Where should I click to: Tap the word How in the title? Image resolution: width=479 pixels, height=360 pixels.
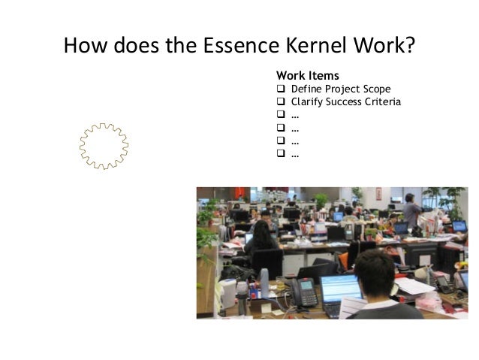coord(87,47)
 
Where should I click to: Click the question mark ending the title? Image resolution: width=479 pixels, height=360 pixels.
coord(410,47)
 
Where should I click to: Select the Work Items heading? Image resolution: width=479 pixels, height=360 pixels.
coord(307,76)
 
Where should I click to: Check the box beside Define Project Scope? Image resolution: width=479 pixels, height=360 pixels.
coord(281,89)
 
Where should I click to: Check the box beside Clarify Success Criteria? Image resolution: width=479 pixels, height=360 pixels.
coord(281,102)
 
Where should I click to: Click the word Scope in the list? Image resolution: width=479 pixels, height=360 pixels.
coord(375,89)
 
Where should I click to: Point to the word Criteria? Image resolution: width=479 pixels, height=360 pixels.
coord(380,102)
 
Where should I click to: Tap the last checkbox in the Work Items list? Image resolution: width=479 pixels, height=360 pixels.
coord(281,154)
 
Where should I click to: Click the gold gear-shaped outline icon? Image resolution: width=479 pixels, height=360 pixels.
coord(104,144)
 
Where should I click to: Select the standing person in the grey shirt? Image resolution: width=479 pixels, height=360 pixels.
coord(411,210)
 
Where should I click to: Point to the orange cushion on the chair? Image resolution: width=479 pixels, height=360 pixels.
coord(343,259)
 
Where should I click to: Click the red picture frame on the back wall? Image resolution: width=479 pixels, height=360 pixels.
coord(379,193)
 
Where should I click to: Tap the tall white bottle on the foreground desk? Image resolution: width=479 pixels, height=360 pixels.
coord(264,284)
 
